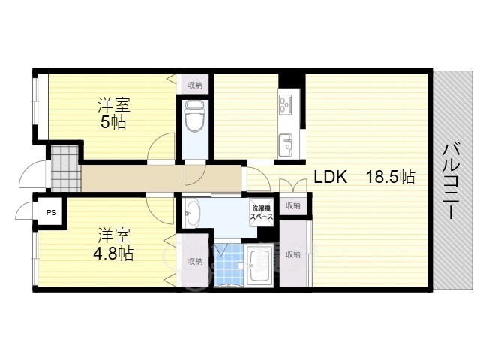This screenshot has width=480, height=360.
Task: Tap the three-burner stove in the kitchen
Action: point(286,103)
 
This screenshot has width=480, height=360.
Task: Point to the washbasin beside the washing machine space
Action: point(193,212)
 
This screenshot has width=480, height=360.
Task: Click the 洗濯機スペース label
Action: point(262,213)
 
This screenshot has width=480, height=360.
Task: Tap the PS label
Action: point(52,212)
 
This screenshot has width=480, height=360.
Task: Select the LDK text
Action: point(331,177)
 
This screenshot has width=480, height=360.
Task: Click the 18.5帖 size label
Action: point(391,177)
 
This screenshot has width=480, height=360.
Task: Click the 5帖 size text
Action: point(113,122)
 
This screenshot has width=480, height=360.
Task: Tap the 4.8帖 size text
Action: point(113,253)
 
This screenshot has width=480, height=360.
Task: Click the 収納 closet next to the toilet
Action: point(195,84)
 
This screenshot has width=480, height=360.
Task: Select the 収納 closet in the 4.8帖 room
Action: point(195,260)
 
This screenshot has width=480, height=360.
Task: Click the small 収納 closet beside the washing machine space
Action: point(293,206)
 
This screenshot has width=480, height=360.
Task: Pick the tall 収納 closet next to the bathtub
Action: point(293,253)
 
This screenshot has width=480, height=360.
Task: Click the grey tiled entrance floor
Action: point(65,168)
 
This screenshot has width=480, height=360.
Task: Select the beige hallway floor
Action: point(161,178)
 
